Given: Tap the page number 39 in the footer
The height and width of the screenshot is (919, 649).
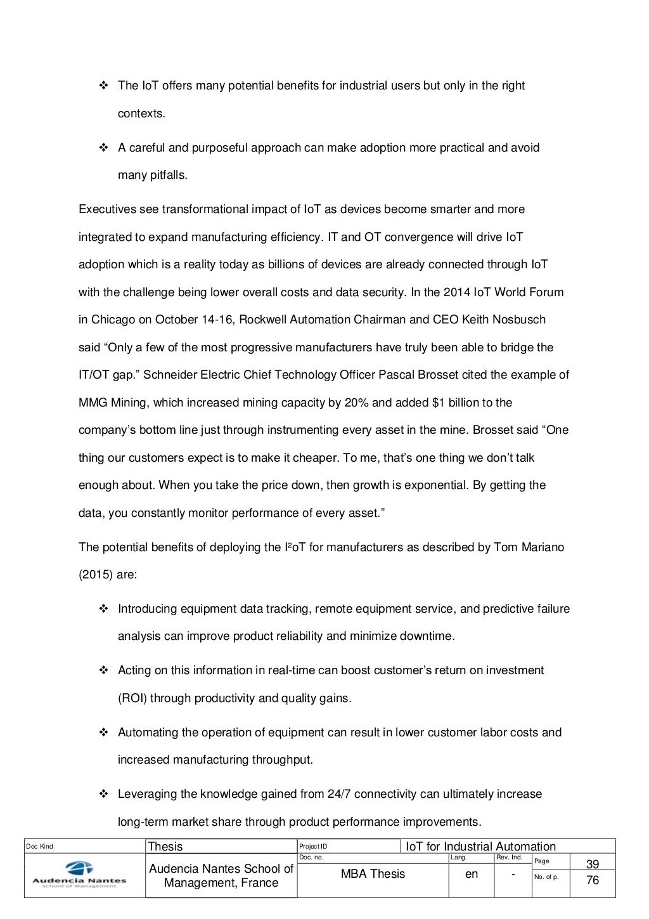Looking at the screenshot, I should (592, 864).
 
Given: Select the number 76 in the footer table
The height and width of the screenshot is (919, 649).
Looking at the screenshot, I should (592, 880).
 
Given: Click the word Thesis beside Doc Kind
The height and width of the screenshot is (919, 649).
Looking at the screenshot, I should (165, 847).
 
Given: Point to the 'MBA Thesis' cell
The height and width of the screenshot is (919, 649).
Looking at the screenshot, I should (373, 874).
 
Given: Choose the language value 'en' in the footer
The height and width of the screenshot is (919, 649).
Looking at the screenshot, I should (472, 874).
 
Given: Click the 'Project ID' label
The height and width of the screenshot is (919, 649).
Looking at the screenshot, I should (313, 847).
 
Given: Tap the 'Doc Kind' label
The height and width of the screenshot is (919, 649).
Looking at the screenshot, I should (39, 847).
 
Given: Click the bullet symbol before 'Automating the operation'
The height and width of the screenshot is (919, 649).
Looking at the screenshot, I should (103, 733).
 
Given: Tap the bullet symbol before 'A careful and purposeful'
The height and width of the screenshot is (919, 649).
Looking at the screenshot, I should (103, 148).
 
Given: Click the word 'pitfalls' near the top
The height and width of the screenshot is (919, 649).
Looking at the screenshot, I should (168, 176).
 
